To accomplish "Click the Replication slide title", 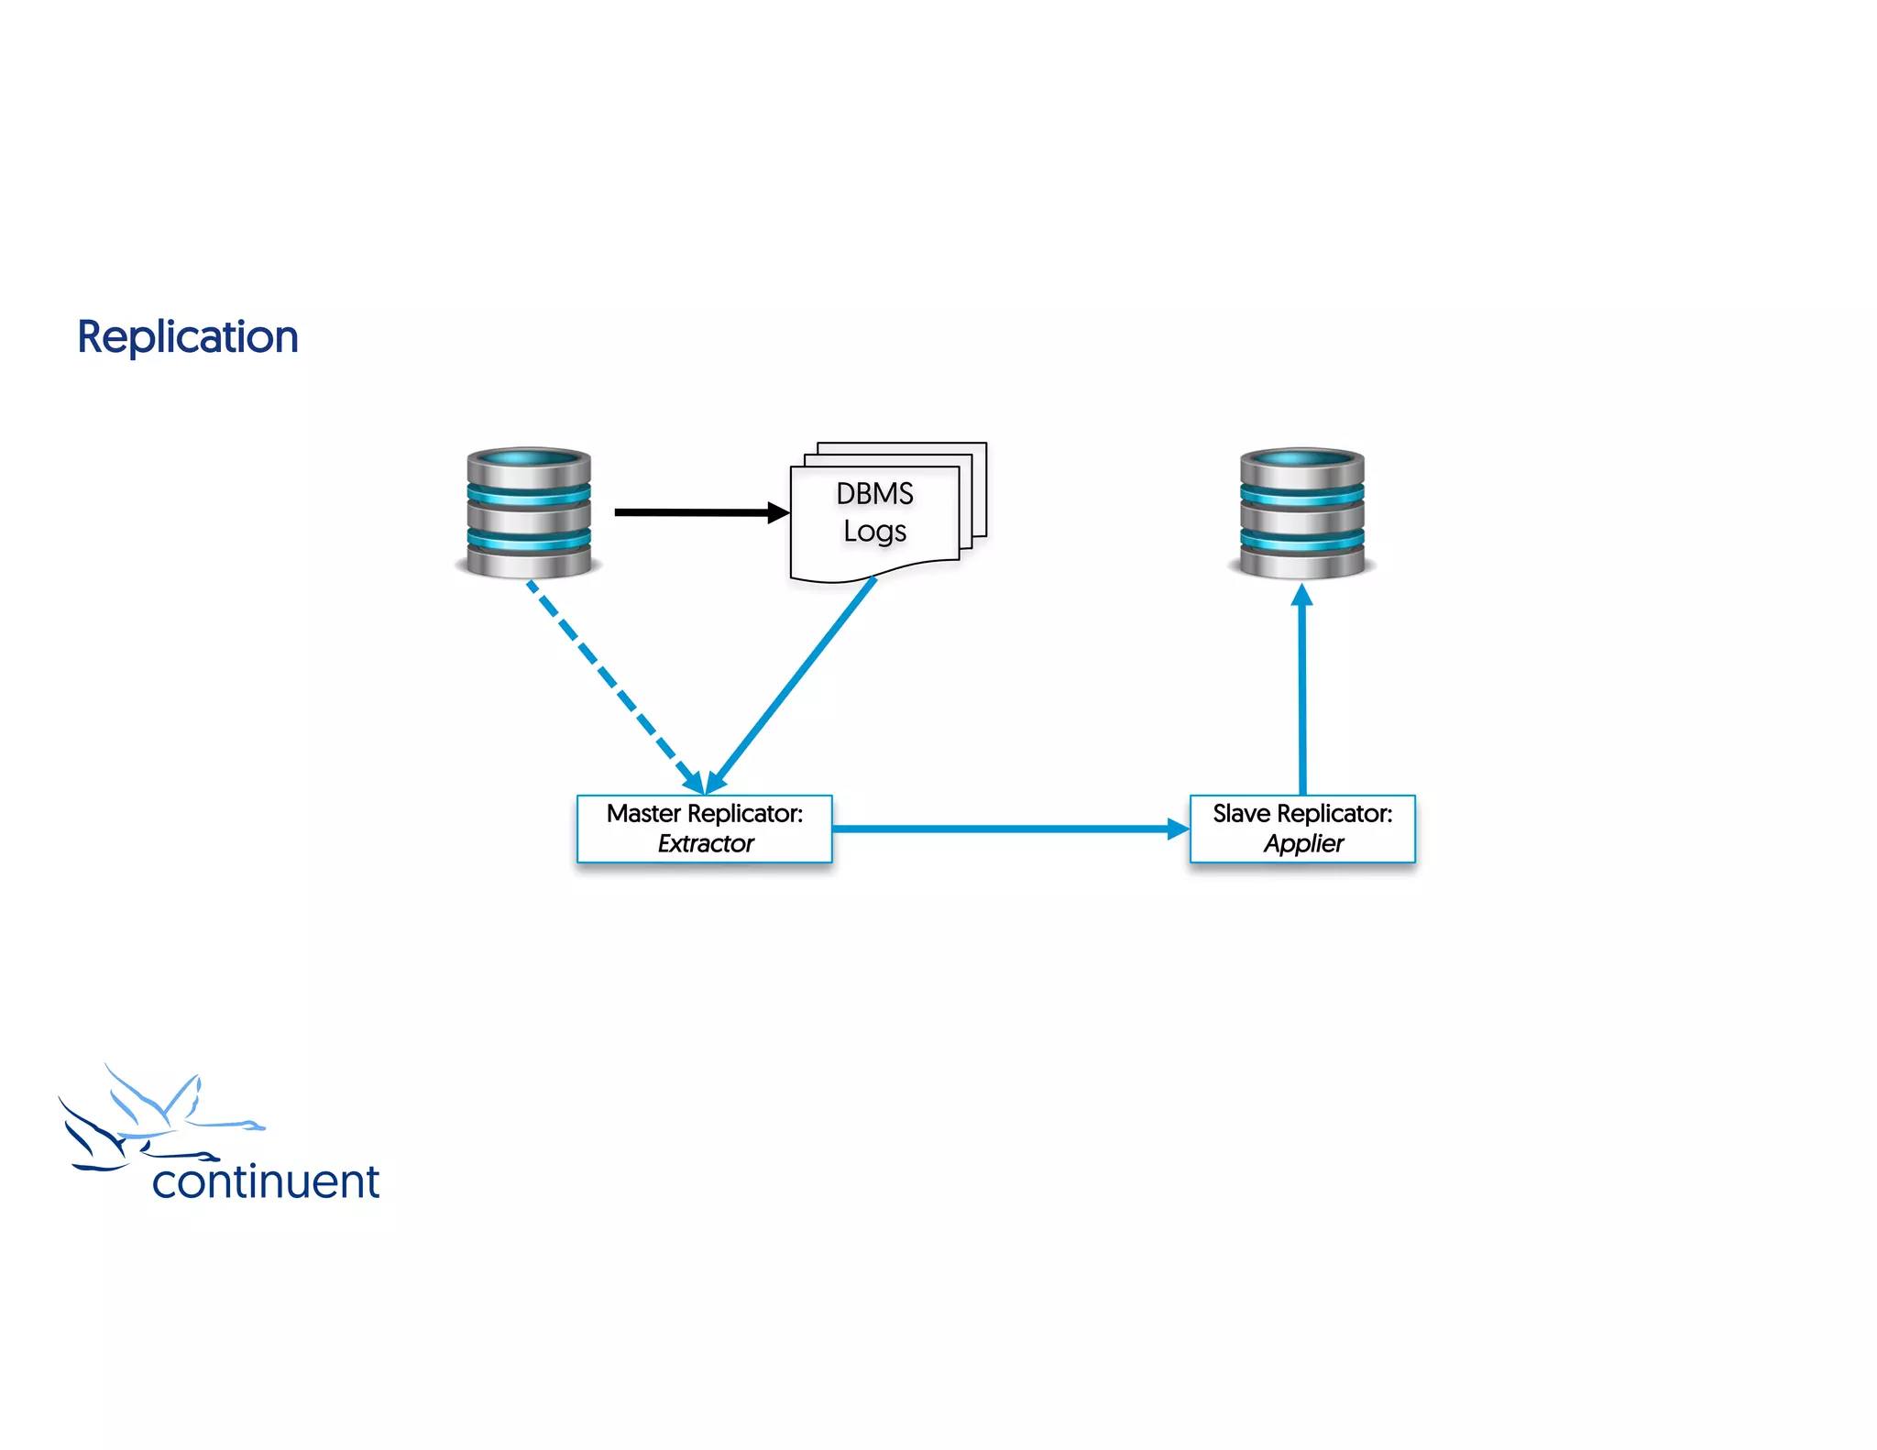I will click(x=188, y=337).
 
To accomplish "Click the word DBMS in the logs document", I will click(x=874, y=494).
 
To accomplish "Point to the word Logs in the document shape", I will click(x=874, y=532).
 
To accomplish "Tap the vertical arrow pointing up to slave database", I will click(x=1302, y=697).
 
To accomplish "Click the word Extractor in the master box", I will click(x=705, y=843).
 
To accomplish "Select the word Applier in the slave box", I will click(x=1303, y=843).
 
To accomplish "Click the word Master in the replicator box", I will click(x=643, y=814).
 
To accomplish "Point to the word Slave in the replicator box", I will click(x=1241, y=814).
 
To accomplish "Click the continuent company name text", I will click(x=266, y=1181).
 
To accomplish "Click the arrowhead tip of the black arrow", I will click(x=782, y=512).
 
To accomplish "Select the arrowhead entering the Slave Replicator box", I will click(x=1180, y=829).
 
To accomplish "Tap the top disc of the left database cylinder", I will click(x=529, y=458).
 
